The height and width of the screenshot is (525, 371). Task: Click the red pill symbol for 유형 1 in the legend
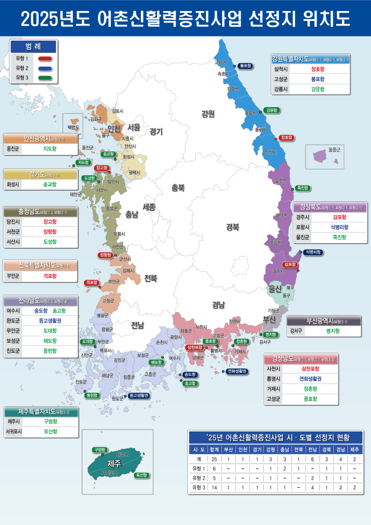pos(45,59)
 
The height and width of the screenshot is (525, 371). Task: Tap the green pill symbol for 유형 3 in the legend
pos(45,77)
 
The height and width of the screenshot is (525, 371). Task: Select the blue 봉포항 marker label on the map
pos(245,66)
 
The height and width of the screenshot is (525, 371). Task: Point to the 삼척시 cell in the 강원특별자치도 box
pos(280,68)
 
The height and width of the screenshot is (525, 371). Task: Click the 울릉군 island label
pos(333,149)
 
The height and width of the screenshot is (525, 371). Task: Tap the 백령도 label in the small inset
pos(73,126)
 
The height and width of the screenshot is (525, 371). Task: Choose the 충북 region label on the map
pos(178,187)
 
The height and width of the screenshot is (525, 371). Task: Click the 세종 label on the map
pos(150,207)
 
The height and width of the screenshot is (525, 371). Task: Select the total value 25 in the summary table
pos(214,459)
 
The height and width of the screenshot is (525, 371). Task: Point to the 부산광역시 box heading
pos(323,321)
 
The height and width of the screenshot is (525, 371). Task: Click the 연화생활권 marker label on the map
pos(237,371)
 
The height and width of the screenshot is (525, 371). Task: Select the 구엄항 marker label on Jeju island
pos(99,450)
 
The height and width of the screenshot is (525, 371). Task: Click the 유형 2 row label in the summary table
pos(199,478)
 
